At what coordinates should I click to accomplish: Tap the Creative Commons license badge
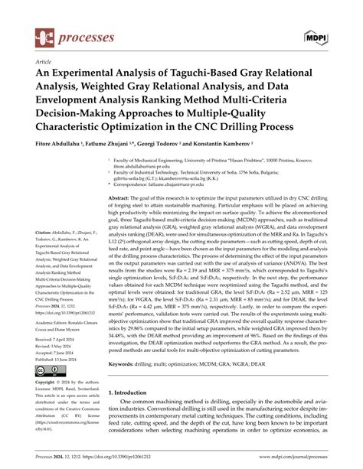coord(45,370)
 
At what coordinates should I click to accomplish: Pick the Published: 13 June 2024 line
coord(59,353)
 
